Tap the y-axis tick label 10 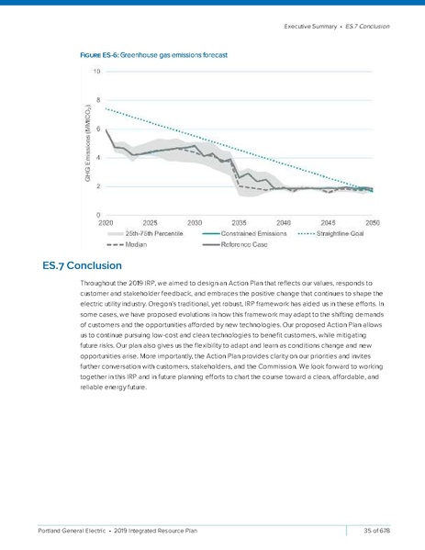[x=97, y=71]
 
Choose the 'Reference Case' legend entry [x=251, y=244]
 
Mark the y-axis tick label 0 [x=99, y=215]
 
